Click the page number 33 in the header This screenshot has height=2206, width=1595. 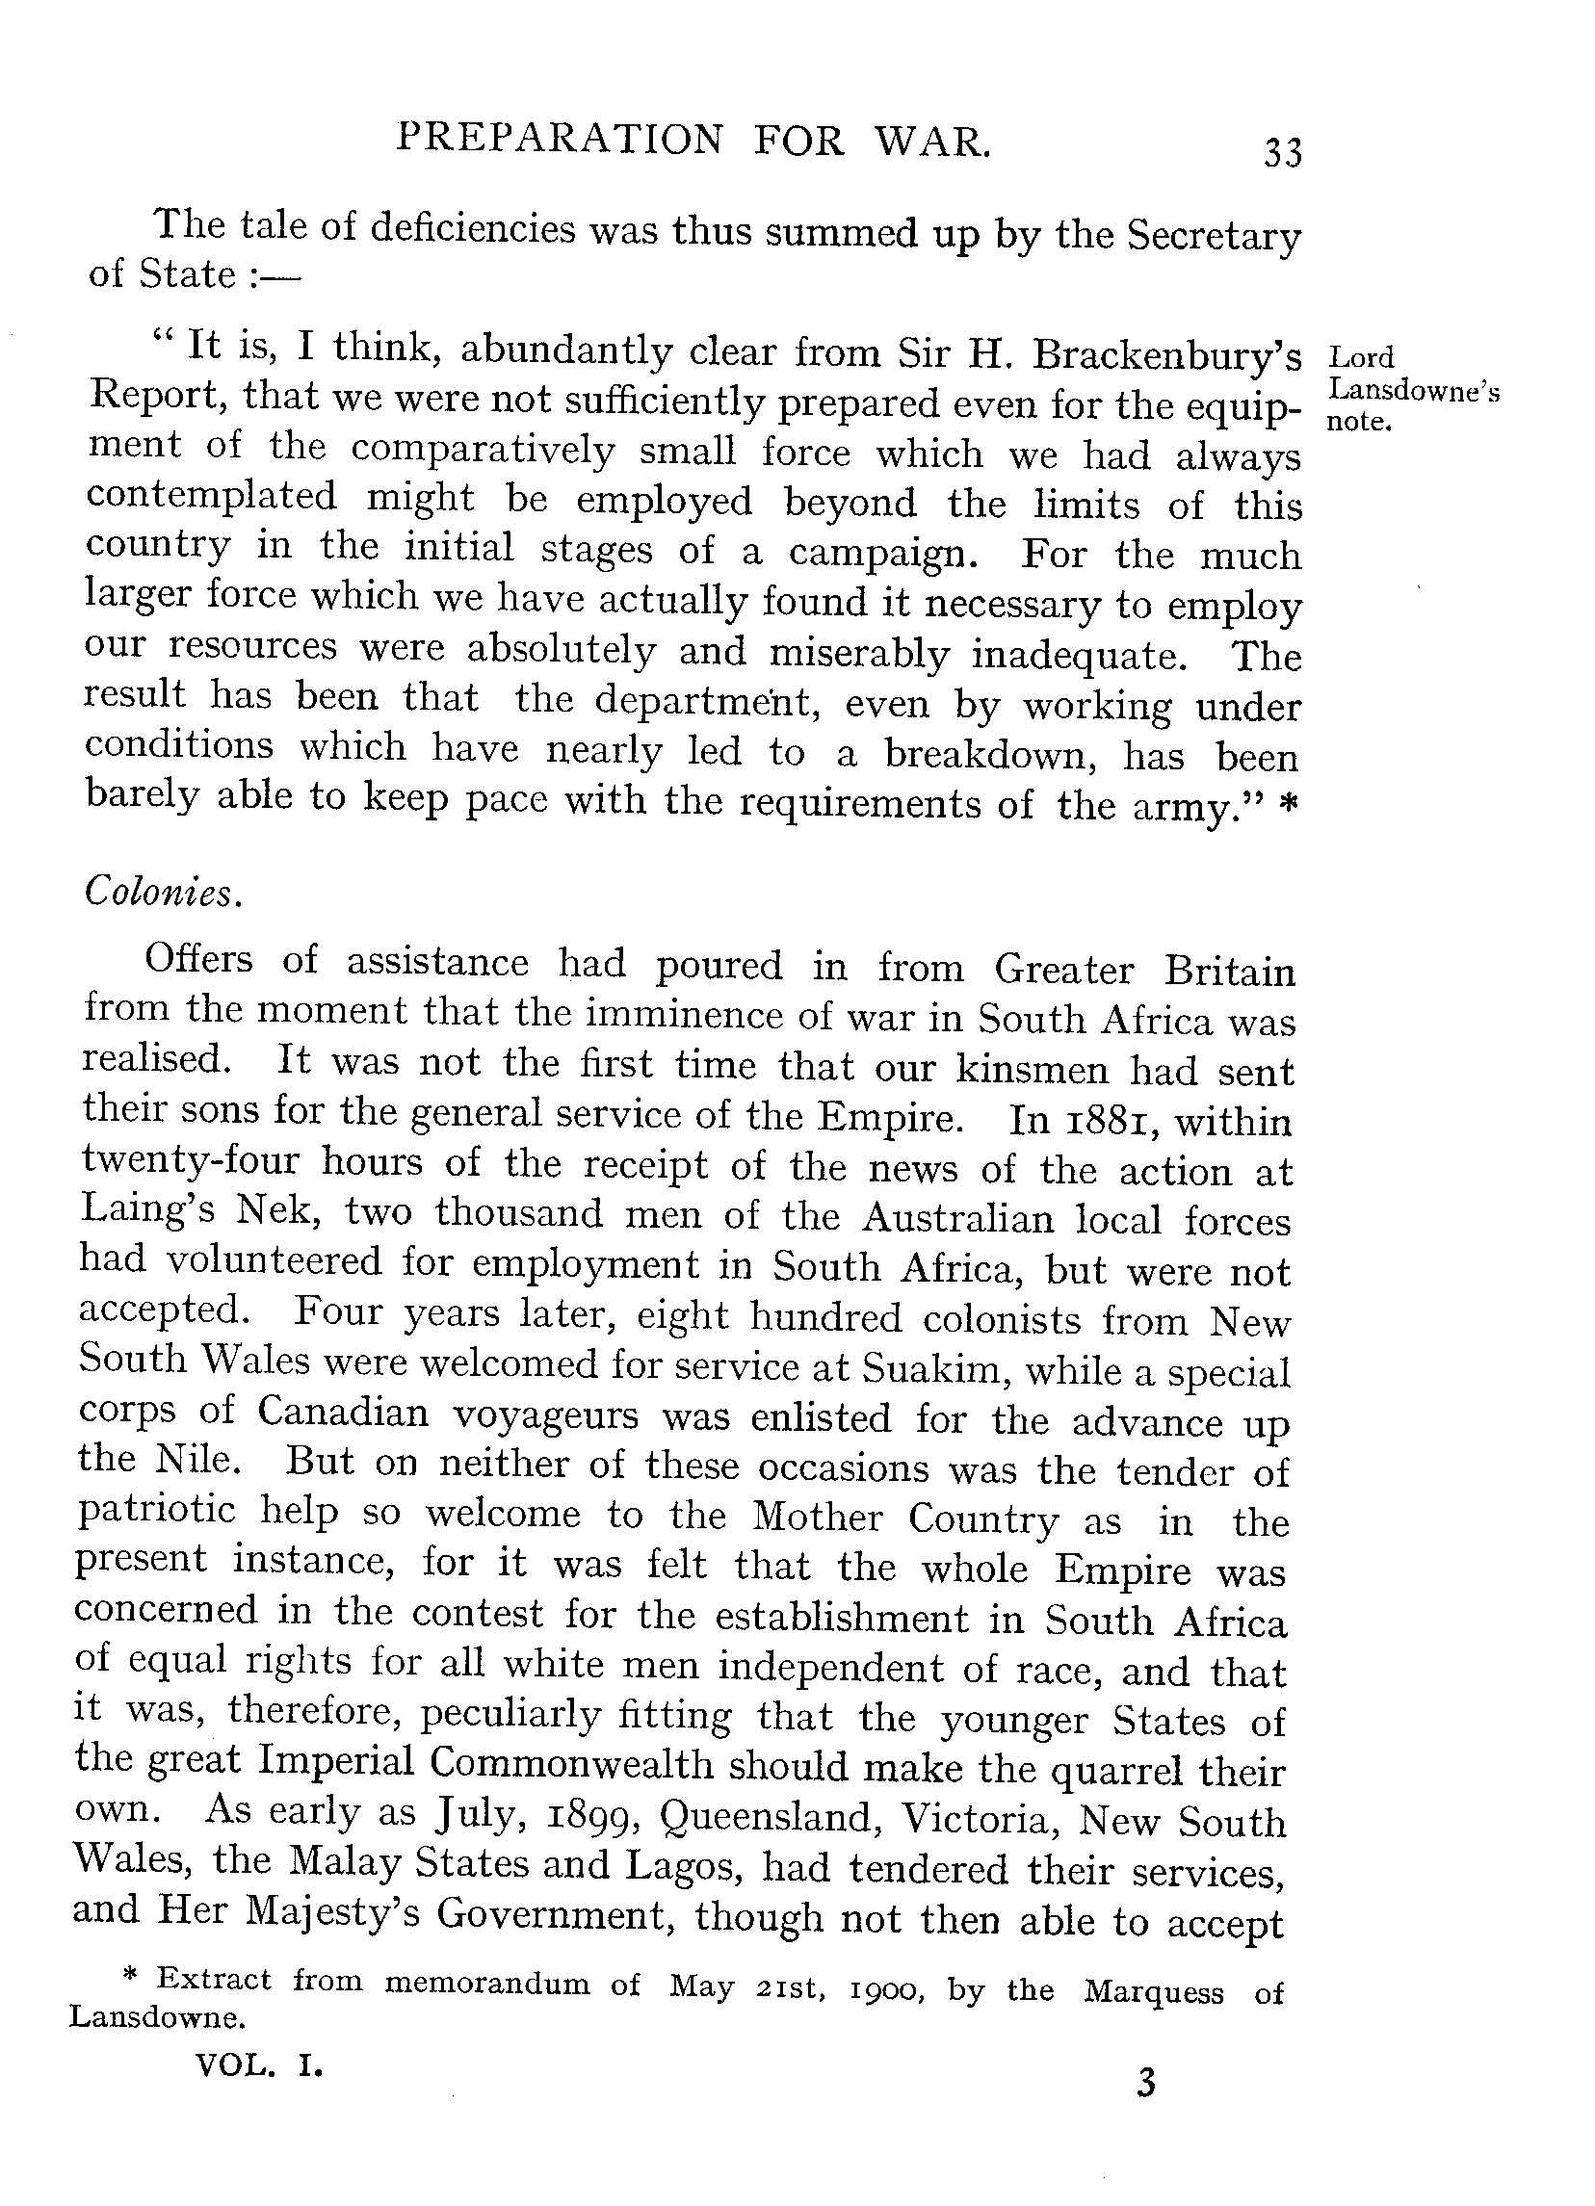click(1282, 153)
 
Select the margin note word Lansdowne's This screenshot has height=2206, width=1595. click(1414, 391)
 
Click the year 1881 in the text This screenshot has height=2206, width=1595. click(1104, 1121)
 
